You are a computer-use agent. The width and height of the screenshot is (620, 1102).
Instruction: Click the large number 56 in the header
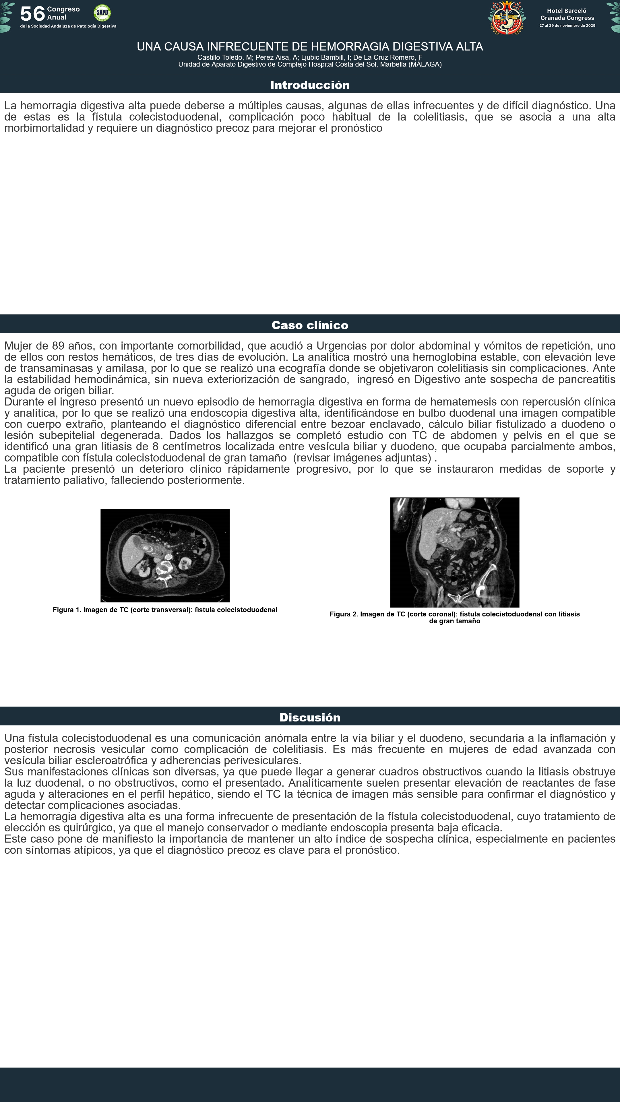pyautogui.click(x=32, y=14)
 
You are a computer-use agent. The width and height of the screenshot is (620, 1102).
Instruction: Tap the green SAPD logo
pyautogui.click(x=102, y=13)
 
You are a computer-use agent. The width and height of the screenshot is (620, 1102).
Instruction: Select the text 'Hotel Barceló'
pyautogui.click(x=567, y=11)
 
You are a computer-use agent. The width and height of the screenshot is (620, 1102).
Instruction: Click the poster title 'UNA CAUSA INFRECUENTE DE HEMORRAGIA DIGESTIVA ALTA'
pyautogui.click(x=310, y=46)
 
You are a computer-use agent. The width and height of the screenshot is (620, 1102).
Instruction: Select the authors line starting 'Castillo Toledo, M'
pyautogui.click(x=310, y=57)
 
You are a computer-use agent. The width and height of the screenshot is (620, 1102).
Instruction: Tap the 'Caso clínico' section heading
pyautogui.click(x=310, y=325)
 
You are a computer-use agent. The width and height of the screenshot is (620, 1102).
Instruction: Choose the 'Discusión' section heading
pyautogui.click(x=310, y=717)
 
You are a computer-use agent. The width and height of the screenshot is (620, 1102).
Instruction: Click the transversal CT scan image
pyautogui.click(x=165, y=555)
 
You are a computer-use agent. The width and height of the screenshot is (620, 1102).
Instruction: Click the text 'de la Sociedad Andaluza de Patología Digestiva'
pyautogui.click(x=68, y=26)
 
